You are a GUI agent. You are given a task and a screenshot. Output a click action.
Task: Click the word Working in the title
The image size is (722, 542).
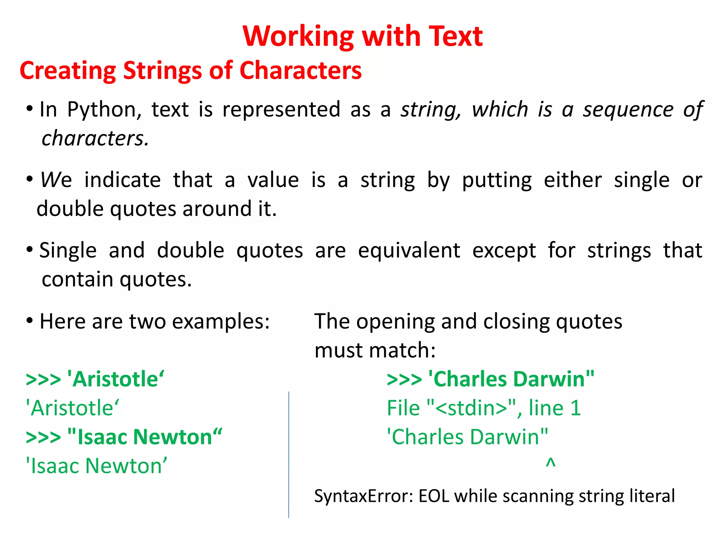pos(298,36)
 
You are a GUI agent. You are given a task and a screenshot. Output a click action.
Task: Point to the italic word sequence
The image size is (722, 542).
pos(628,109)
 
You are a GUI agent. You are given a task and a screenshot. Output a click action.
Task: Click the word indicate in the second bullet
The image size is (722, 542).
pos(122,180)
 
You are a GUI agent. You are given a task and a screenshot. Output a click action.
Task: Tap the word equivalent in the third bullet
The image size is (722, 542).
pos(409,251)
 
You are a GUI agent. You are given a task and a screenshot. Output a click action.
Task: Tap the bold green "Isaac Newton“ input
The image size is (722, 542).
pos(145,437)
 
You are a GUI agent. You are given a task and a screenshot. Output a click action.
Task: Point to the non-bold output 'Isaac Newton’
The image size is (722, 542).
pos(96,466)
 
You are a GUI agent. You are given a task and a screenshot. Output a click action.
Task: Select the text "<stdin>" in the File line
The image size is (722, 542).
pos(471,408)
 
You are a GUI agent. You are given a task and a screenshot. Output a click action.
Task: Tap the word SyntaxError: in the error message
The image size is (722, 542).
pos(363,496)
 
